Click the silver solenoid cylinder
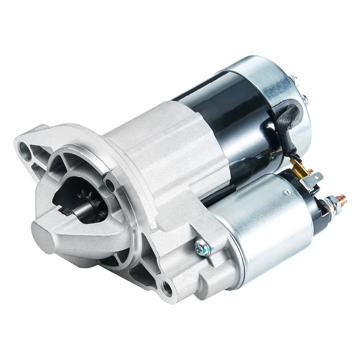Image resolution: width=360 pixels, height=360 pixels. coord(270,217)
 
